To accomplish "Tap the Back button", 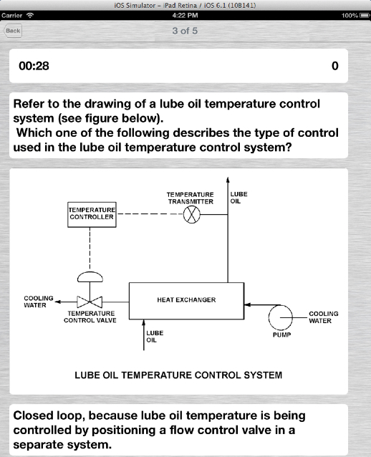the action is click(13, 31).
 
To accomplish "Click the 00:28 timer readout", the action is click(34, 66).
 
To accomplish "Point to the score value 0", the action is click(335, 66).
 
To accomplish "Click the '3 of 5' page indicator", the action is click(185, 31).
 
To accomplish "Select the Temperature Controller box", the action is click(92, 214).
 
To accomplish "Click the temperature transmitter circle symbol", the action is click(192, 214).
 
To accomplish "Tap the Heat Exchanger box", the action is click(186, 301).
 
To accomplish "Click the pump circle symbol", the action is click(280, 317).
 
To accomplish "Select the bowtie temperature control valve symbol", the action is click(90, 302).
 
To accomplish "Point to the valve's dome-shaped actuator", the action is click(90, 277).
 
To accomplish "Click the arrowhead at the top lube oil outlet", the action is click(228, 179).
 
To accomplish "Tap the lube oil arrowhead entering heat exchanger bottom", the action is click(143, 322).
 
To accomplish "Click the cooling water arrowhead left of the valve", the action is click(58, 302).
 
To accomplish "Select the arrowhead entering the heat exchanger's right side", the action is click(247, 305).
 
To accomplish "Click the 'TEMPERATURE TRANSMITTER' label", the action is click(191, 198).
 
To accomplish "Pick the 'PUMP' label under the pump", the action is click(281, 335).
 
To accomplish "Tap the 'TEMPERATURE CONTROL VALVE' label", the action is click(90, 317).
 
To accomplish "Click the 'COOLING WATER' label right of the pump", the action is click(324, 317).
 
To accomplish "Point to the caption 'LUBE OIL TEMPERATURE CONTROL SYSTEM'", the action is click(178, 375).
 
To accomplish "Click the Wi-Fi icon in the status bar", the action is click(30, 15).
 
